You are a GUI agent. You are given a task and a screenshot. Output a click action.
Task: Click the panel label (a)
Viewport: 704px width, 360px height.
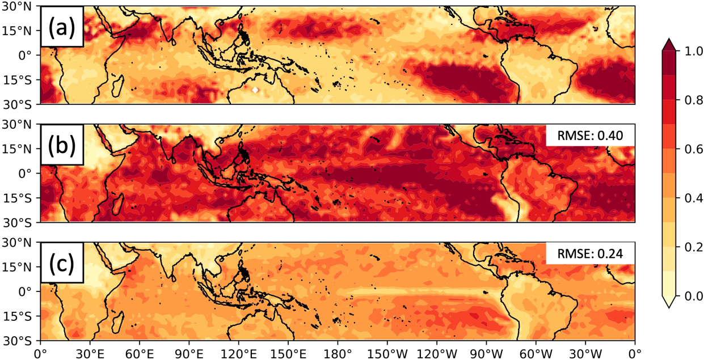[x=61, y=26]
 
